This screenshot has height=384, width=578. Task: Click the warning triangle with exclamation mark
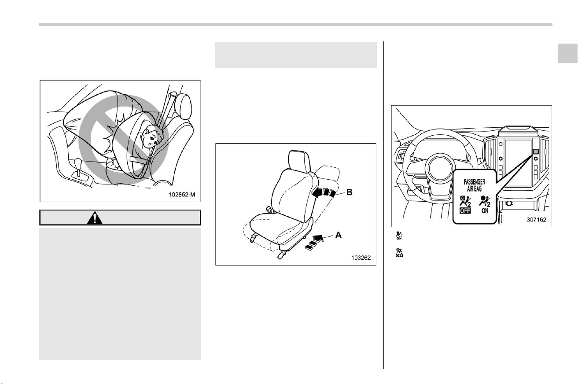[95, 218]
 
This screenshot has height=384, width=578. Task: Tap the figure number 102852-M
[182, 195]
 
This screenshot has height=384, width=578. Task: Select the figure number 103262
[361, 258]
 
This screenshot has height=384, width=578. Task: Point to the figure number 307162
[537, 220]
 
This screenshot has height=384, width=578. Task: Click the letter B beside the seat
[349, 192]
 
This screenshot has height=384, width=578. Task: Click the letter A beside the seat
[338, 235]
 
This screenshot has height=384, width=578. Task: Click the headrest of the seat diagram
[299, 161]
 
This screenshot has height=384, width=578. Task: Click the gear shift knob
[77, 163]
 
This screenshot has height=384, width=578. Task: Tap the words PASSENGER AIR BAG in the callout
[474, 185]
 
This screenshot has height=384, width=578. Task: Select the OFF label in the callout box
[465, 210]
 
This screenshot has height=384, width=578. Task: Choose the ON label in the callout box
[485, 210]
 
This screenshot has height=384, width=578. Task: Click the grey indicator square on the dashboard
[536, 151]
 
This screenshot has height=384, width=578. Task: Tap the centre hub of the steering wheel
[439, 168]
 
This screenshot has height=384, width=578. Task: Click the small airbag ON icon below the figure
[399, 236]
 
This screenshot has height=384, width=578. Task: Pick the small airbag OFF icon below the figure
[399, 253]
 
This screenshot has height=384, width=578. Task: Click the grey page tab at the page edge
[567, 53]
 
